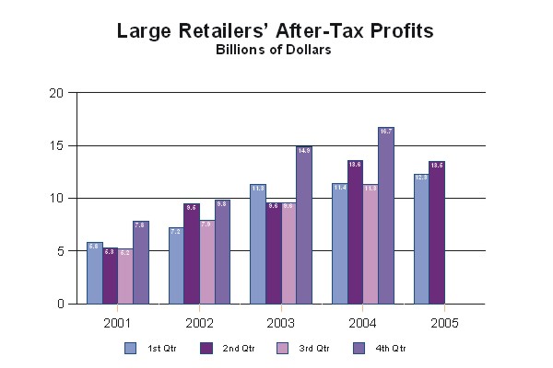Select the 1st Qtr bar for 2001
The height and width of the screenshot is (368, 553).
point(94,272)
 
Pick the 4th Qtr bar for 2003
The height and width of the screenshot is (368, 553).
point(304,224)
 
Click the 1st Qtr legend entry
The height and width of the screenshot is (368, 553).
point(144,348)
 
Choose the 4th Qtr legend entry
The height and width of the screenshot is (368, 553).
point(377,348)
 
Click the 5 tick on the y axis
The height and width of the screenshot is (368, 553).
point(59,251)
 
